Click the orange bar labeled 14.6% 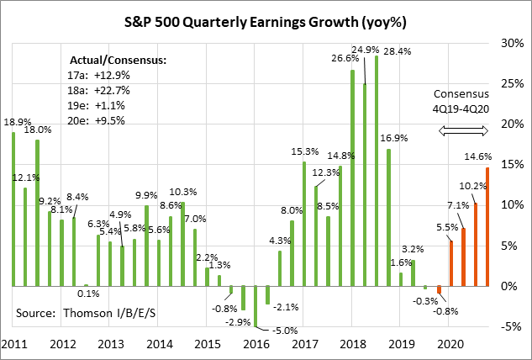pyautogui.click(x=487, y=227)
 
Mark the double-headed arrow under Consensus pyautogui.click(x=464, y=130)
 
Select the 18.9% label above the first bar pyautogui.click(x=18, y=122)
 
